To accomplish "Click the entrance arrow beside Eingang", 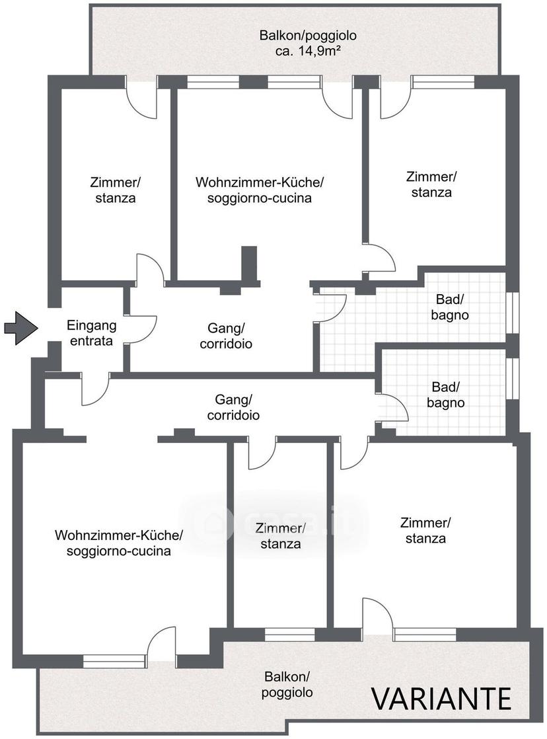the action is point(20,328).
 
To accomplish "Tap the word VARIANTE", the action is point(442,699).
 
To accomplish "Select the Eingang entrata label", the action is point(91,332).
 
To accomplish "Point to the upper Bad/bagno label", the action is point(450,307).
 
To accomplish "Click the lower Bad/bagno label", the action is point(446,395).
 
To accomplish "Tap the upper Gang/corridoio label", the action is point(226,336).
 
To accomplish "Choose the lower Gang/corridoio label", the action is point(233,407).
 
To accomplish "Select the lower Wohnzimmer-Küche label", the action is point(119,543).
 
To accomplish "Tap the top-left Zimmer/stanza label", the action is point(116,190).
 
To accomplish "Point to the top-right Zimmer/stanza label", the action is point(431,184).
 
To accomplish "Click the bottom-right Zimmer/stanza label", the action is point(425,530).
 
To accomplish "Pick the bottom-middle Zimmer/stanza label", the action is point(281,536).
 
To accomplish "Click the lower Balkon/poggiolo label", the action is point(287,684).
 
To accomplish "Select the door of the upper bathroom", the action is point(332,309).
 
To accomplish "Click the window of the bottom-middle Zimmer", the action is point(290,635).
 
